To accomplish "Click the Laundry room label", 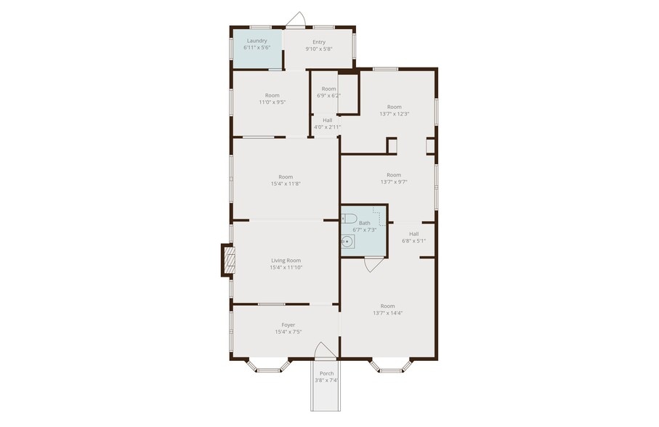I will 257,41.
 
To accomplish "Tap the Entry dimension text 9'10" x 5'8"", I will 319,49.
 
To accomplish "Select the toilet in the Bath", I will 349,218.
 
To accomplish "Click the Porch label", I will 327,373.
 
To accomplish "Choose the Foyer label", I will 288,325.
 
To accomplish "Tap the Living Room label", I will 286,260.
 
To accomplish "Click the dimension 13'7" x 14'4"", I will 388,313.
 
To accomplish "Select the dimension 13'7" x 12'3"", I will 395,113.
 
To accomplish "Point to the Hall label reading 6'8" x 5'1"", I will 413,234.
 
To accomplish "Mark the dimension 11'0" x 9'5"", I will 272,102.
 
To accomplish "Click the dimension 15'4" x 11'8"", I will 286,184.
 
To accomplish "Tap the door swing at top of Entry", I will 295,20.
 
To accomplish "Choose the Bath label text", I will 364,223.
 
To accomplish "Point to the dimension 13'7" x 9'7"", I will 394,182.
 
